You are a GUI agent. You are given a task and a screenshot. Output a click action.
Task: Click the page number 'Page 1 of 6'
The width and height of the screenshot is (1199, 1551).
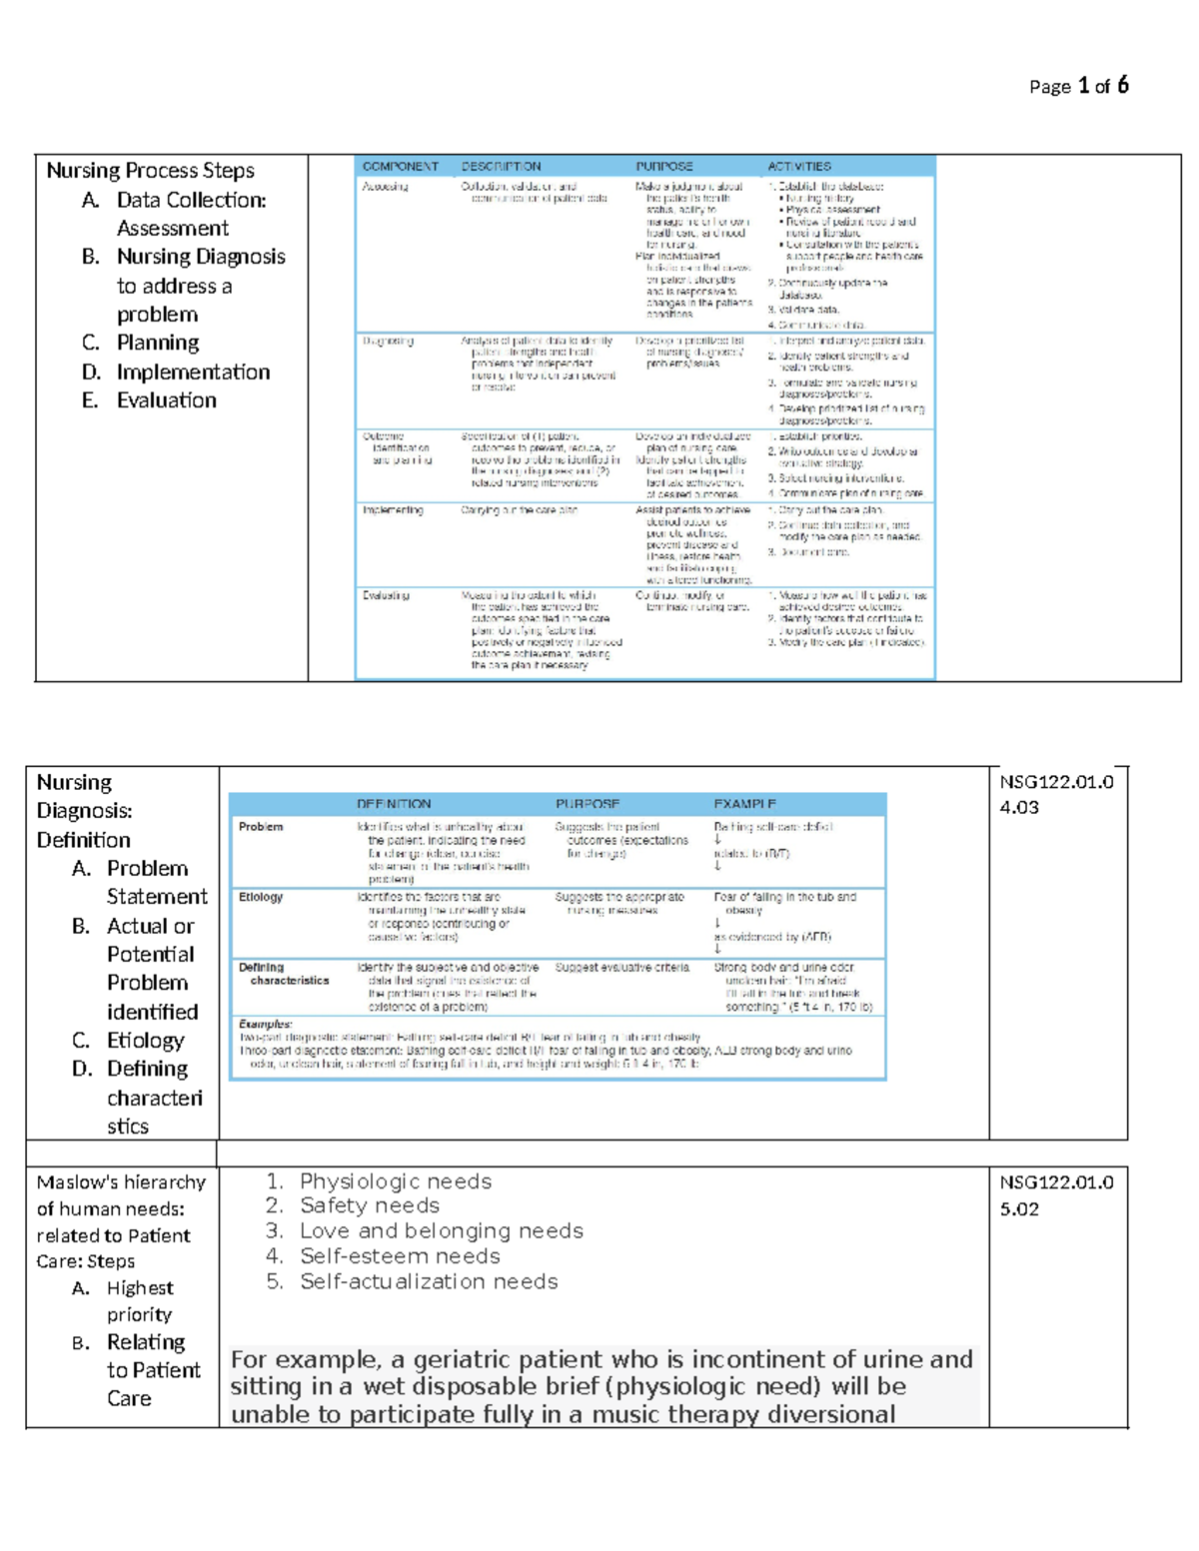(x=1078, y=86)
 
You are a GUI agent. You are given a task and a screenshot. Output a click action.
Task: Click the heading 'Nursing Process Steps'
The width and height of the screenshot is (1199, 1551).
(x=150, y=171)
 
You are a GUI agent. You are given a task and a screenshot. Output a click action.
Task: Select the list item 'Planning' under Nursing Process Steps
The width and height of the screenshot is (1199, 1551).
(x=158, y=343)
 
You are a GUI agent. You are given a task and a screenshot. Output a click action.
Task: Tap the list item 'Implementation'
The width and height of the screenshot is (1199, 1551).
(x=193, y=372)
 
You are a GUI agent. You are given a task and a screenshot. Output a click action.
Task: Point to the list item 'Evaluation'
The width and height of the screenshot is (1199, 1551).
(x=166, y=400)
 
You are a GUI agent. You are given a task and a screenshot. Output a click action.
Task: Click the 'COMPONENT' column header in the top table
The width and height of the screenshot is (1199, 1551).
(x=400, y=167)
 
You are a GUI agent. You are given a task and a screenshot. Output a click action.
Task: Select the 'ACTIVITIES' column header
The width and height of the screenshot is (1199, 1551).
(x=798, y=167)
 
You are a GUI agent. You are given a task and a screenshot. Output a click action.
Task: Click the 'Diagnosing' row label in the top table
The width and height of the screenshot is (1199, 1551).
(x=388, y=342)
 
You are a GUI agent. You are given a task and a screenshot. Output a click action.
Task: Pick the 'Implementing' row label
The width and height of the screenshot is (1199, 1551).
(x=392, y=510)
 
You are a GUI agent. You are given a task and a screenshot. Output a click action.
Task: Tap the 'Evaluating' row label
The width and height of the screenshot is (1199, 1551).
(x=386, y=595)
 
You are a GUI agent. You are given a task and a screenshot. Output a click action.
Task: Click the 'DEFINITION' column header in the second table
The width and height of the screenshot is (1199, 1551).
(x=394, y=804)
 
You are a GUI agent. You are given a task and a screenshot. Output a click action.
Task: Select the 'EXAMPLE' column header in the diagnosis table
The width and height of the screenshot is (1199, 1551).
(x=744, y=804)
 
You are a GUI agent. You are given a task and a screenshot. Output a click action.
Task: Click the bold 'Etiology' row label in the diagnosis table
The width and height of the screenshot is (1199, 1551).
(x=260, y=897)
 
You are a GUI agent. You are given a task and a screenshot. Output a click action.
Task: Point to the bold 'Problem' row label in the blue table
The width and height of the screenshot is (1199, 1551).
(x=260, y=827)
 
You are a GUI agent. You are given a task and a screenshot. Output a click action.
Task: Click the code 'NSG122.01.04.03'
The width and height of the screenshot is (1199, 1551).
(x=1056, y=794)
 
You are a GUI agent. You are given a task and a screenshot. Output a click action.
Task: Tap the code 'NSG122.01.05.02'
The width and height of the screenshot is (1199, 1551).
(x=1056, y=1194)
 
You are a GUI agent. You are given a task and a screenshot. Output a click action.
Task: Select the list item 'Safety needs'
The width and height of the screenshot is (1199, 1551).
(x=369, y=1205)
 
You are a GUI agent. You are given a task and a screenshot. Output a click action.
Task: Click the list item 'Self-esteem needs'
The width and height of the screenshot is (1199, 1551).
(x=400, y=1256)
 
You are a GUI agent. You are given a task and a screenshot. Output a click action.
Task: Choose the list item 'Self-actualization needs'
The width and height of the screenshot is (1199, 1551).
(x=429, y=1281)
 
